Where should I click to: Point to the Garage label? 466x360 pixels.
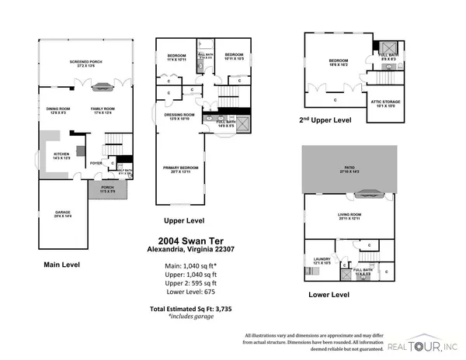point(62,213)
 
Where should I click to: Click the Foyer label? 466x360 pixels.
point(96,163)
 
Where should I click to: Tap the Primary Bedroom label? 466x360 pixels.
point(179,168)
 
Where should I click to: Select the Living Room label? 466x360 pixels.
point(349,216)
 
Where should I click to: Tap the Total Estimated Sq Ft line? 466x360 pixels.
point(191,309)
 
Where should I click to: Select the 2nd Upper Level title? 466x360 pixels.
point(325,120)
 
